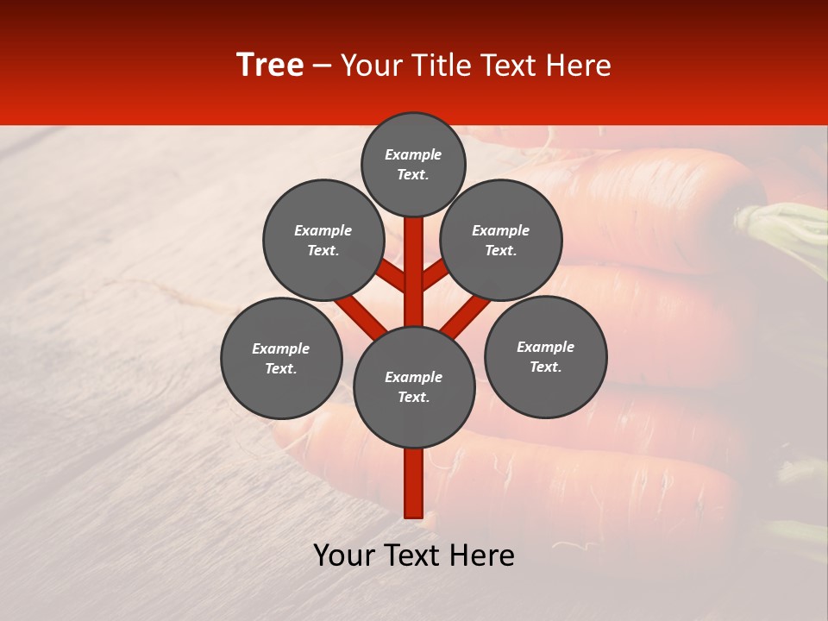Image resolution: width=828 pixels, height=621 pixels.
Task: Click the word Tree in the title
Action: coord(270,66)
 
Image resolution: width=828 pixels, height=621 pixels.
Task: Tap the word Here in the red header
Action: coord(579,66)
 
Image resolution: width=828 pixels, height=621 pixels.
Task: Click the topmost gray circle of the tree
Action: coord(413,164)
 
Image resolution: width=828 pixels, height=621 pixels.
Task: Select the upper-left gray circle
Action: coord(323,240)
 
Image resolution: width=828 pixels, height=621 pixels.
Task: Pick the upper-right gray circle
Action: coord(501,240)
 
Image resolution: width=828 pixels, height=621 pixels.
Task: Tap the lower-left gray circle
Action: coord(281,358)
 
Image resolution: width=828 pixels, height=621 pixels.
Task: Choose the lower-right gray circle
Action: coord(545,356)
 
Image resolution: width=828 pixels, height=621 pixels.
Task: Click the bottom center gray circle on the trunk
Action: coord(414,387)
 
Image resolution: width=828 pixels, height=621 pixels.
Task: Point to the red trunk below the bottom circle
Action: coord(413,483)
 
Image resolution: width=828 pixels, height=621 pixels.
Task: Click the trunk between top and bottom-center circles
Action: coord(413,272)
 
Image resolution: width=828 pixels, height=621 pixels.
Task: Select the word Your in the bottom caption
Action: coord(342,555)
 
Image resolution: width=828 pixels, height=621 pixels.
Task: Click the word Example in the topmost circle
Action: coord(413,155)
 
